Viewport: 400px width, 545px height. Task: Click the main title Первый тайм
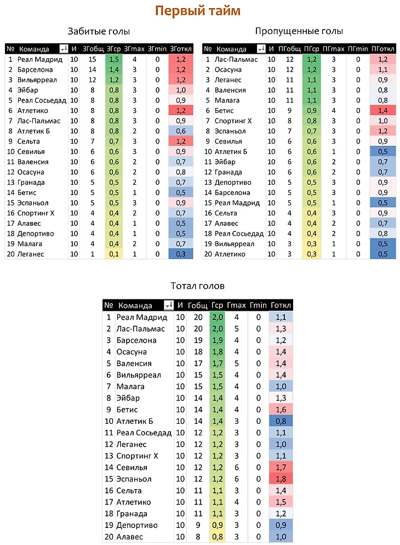pos(197,11)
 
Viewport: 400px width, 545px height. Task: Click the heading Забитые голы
pos(99,31)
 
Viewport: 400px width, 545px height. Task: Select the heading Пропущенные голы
pos(299,31)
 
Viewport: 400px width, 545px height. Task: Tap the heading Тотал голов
pos(197,286)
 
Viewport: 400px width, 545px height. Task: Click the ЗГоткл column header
pos(181,49)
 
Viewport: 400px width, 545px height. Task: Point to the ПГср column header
pos(312,49)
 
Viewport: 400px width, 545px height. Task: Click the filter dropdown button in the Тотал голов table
pos(168,305)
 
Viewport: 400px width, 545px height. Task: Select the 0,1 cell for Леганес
pos(114,254)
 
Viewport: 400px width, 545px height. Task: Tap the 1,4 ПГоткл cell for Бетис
pos(383,110)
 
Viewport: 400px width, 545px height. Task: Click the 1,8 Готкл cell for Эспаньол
pos(282,479)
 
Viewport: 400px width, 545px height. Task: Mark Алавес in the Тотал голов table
pos(129,537)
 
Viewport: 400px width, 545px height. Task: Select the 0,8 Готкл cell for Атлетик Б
pos(282,421)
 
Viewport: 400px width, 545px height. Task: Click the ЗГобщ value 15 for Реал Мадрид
pos(92,59)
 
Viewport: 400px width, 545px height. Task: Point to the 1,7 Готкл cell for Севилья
pos(282,467)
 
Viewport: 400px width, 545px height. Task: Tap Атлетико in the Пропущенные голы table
pos(230,254)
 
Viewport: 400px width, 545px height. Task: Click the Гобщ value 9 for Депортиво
pos(198,525)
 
